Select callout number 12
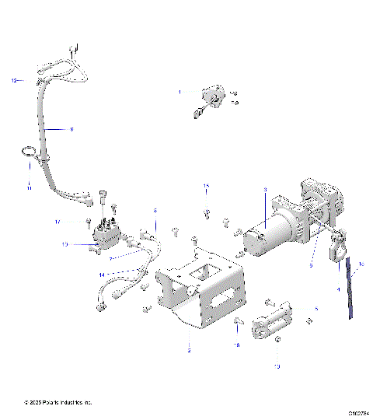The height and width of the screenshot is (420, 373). coord(13,80)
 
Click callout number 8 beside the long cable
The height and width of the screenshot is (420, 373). coord(71,128)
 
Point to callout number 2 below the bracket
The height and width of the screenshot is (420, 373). coord(189,351)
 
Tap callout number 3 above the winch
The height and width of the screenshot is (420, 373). coord(265,190)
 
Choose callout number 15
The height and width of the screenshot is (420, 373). coord(207,186)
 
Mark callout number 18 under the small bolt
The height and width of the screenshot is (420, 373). coord(236,343)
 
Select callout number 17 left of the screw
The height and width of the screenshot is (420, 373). coord(78,222)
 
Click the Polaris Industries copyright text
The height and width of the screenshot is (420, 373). coord(58,402)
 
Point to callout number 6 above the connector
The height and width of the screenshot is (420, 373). coord(155,211)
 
